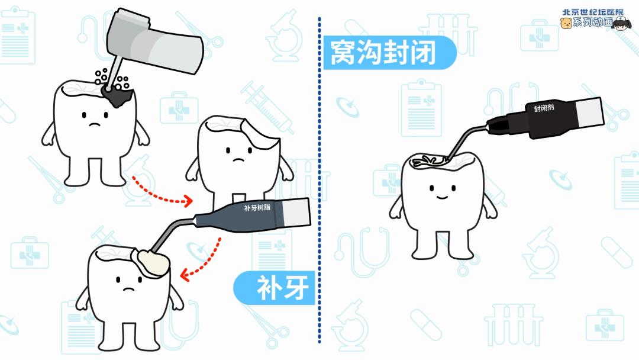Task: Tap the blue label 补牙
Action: point(275,288)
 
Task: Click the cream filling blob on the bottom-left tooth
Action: point(151,263)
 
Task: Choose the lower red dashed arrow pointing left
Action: point(204,261)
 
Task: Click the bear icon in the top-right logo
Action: point(566,23)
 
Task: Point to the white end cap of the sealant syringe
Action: point(590,112)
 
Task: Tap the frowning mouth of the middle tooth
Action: point(238,160)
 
